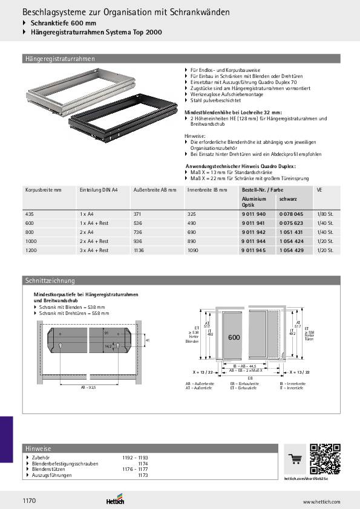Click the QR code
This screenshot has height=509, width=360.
[325, 459]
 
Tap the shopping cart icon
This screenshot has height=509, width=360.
[296, 459]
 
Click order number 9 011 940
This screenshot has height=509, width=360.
[254, 215]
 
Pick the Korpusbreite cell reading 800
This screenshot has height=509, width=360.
[30, 232]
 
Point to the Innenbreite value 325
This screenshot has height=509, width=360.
[192, 215]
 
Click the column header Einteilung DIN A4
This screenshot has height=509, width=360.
[99, 190]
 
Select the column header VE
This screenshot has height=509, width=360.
[319, 190]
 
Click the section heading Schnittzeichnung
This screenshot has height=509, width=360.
[50, 280]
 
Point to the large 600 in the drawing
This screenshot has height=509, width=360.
[234, 337]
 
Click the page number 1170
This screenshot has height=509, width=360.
[30, 501]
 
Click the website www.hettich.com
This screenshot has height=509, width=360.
[321, 502]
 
